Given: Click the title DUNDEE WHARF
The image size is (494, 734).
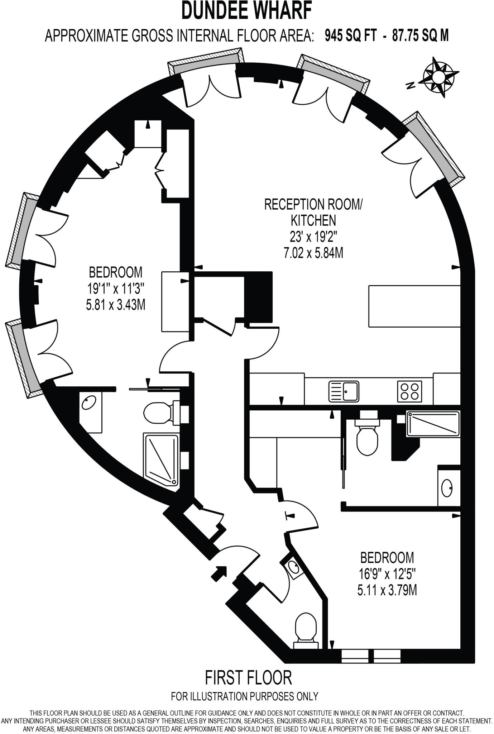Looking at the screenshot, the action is [246, 11].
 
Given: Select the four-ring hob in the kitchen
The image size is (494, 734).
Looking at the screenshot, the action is [409, 391].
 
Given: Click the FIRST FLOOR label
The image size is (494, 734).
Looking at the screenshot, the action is [248, 677].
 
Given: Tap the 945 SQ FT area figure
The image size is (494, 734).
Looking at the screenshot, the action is [351, 36].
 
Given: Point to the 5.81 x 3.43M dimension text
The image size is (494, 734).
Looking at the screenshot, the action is [115, 305].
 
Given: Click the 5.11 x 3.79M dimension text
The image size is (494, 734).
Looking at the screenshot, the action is [387, 590].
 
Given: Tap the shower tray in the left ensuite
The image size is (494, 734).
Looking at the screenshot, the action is [161, 460].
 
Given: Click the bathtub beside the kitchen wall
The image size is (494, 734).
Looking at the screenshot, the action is [432, 424].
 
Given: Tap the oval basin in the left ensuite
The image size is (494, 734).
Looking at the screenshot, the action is [88, 403].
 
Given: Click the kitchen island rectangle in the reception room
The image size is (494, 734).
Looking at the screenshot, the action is [414, 306].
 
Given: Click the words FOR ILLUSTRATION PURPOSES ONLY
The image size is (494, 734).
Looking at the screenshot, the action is [245, 696].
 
